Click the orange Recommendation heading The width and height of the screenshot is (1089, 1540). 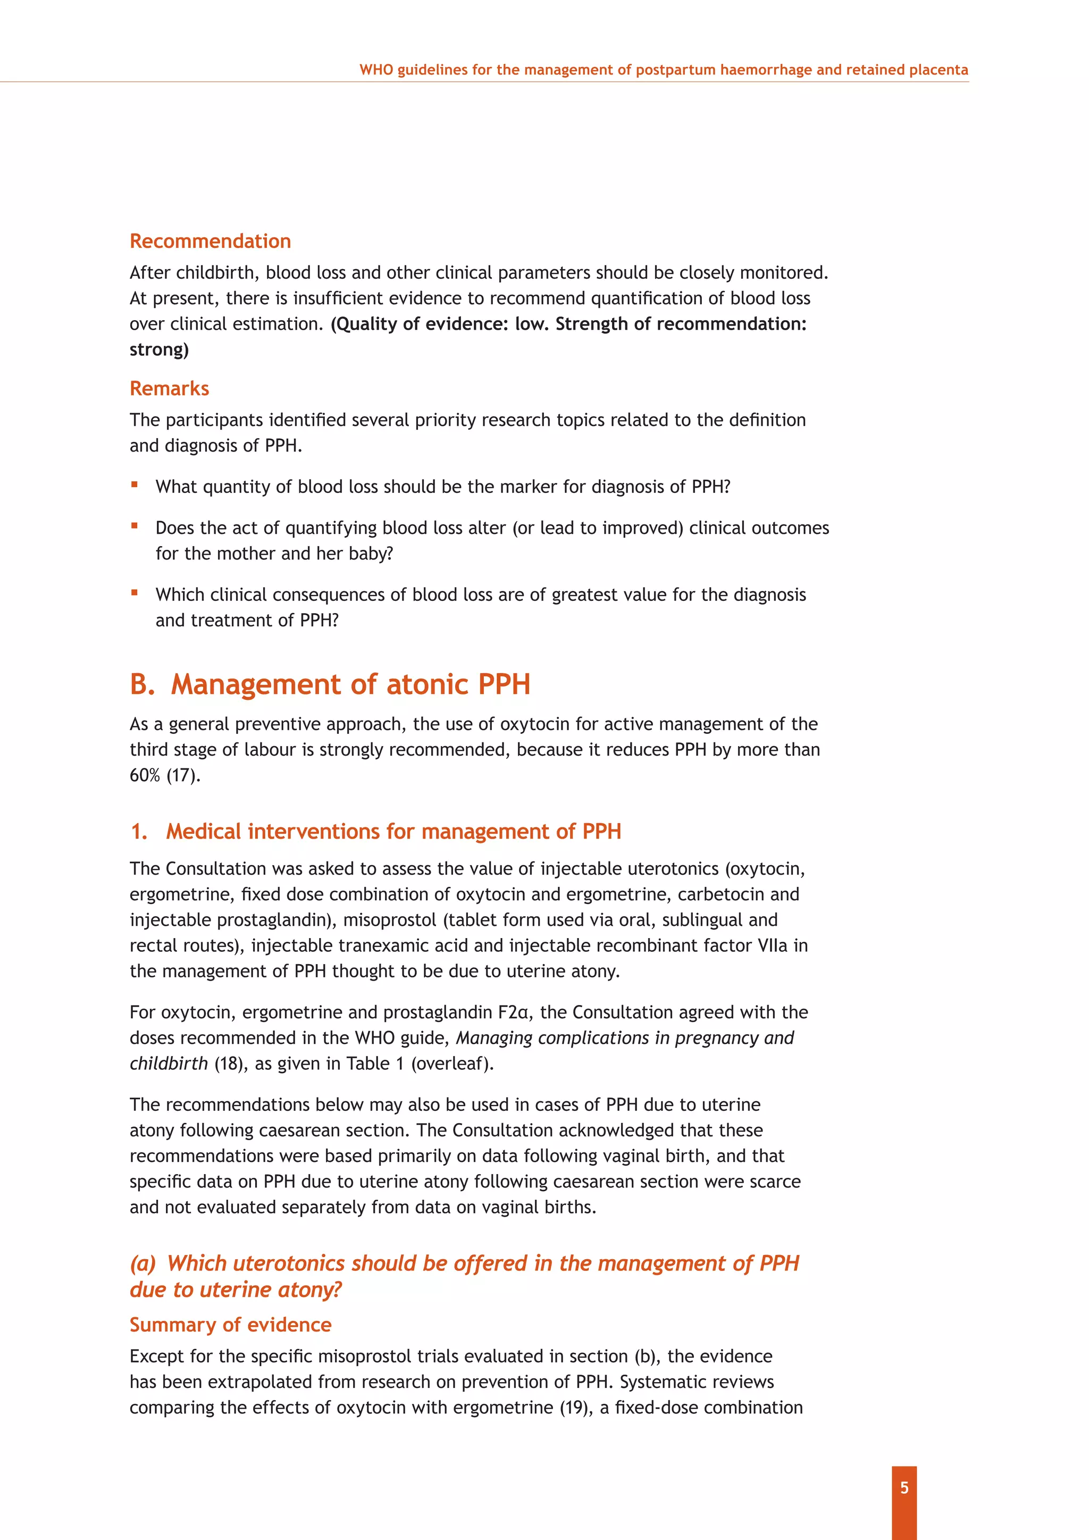pos(210,241)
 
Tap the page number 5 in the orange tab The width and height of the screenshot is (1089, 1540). pos(904,1488)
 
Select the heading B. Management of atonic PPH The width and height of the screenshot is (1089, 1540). pos(330,684)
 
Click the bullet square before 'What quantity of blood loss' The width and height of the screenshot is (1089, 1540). pos(135,484)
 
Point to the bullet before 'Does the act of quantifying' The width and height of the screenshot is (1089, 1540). pos(135,526)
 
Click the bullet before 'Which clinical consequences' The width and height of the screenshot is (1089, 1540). pos(135,592)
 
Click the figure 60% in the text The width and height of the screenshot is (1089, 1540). pos(145,775)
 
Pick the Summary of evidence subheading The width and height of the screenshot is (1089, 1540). pos(230,1325)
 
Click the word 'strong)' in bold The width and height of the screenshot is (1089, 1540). pos(159,349)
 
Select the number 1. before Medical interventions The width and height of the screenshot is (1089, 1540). pos(139,832)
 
